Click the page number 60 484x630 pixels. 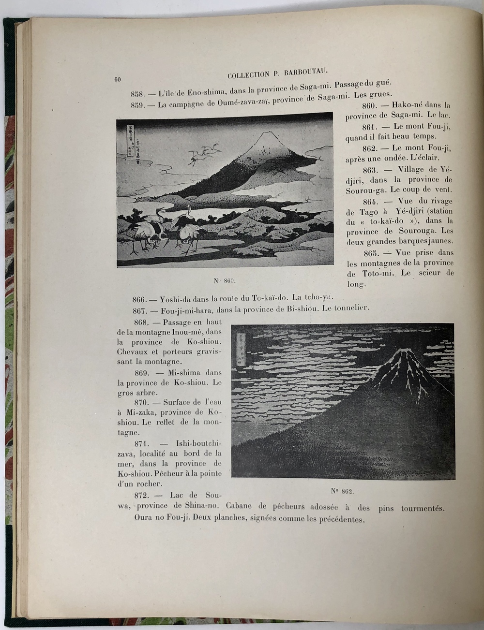click(117, 80)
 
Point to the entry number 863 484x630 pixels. click(372, 169)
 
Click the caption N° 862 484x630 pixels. click(343, 492)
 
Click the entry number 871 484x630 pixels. click(144, 443)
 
